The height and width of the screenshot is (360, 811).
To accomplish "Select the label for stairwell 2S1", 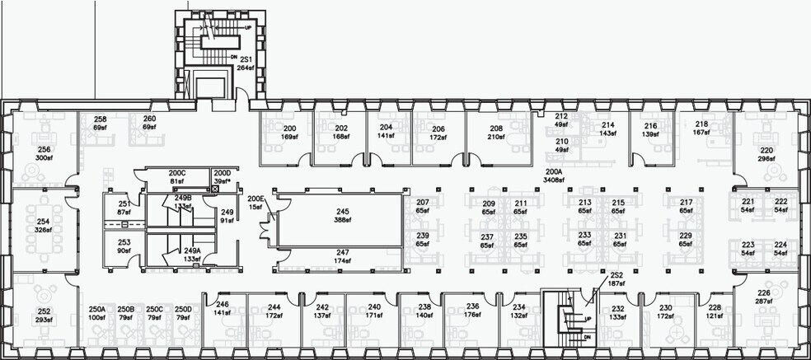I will tap(245, 58).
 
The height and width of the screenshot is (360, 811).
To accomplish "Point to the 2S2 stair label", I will tap(615, 274).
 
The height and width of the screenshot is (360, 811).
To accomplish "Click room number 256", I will tap(45, 149).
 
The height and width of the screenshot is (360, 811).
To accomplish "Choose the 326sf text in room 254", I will tap(45, 231).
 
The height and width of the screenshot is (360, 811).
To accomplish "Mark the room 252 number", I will tap(45, 311).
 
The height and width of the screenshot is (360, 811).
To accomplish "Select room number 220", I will tap(766, 150).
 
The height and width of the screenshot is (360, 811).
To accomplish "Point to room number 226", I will tap(764, 294).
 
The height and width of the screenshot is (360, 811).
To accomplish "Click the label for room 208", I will tap(496, 129).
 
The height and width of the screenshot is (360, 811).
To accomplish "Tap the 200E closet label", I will tap(256, 199).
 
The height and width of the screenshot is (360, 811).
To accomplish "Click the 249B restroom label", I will tap(182, 199).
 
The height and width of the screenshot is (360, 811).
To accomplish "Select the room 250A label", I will tap(96, 309).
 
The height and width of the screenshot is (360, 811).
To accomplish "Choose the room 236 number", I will tap(472, 306).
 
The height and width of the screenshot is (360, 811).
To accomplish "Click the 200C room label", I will tap(177, 172).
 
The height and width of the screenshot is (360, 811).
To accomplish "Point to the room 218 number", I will tap(701, 124).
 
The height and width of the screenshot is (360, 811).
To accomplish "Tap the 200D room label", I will tap(222, 172).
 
